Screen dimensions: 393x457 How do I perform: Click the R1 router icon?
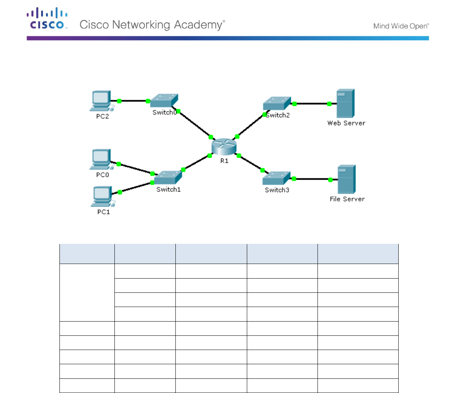pyautogui.click(x=224, y=147)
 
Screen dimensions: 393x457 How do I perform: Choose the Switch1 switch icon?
pyautogui.click(x=168, y=178)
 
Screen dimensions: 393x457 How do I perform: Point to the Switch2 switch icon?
pyautogui.click(x=277, y=104)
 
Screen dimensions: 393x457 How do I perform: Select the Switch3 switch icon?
pyautogui.click(x=276, y=178)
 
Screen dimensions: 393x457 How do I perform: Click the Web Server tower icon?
pyautogui.click(x=345, y=104)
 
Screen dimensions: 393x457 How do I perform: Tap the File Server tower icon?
pyautogui.click(x=346, y=179)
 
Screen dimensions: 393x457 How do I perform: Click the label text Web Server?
pyautogui.click(x=346, y=123)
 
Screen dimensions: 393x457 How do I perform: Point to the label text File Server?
pyautogui.click(x=347, y=199)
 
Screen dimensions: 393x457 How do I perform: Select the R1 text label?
pyautogui.click(x=224, y=161)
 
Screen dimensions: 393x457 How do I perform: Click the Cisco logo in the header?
pyautogui.click(x=47, y=18)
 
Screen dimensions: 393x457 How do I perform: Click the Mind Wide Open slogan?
pyautogui.click(x=401, y=26)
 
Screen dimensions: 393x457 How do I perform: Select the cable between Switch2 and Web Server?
pyautogui.click(x=312, y=104)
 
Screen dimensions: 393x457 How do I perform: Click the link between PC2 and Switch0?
pyautogui.click(x=134, y=101)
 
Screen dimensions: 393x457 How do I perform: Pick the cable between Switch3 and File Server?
pyautogui.click(x=312, y=179)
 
